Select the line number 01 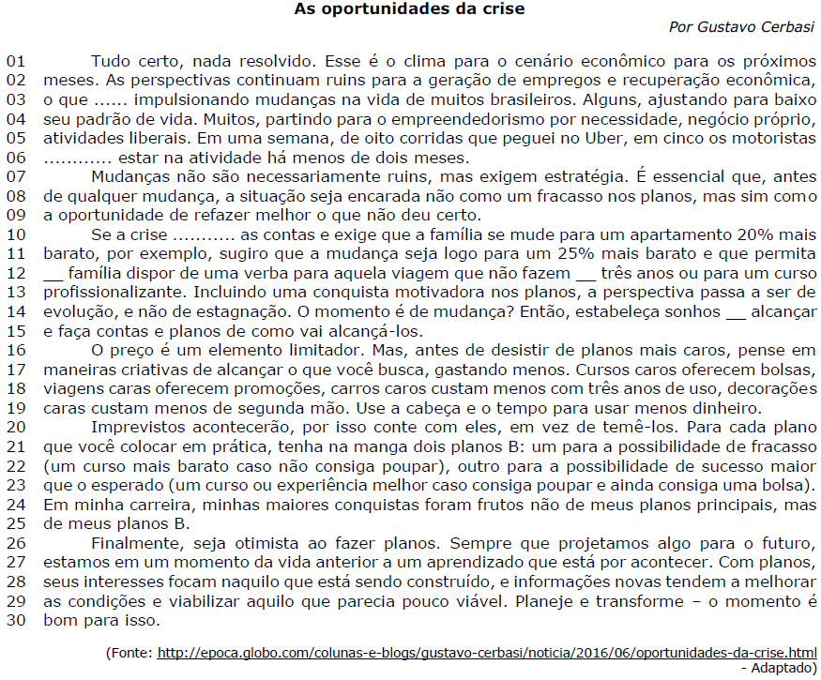[x=16, y=61]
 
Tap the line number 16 [x=16, y=349]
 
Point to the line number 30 [x=16, y=620]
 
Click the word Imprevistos [x=136, y=427]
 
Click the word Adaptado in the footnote [x=783, y=668]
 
